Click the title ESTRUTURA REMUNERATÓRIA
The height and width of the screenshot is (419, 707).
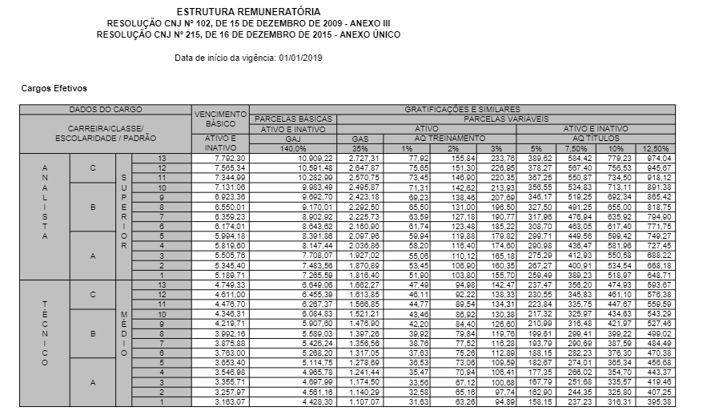pos(249,13)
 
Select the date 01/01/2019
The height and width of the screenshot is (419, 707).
pos(298,58)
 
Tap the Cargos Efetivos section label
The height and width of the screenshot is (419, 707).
pos(54,88)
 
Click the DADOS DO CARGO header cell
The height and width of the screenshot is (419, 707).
pos(105,109)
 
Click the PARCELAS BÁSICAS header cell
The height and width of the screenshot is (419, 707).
pos(293,119)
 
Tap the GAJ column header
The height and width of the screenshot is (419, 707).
pos(293,139)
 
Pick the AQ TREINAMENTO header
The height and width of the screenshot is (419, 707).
pos(444,139)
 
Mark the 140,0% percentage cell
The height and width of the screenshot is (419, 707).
pos(293,148)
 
